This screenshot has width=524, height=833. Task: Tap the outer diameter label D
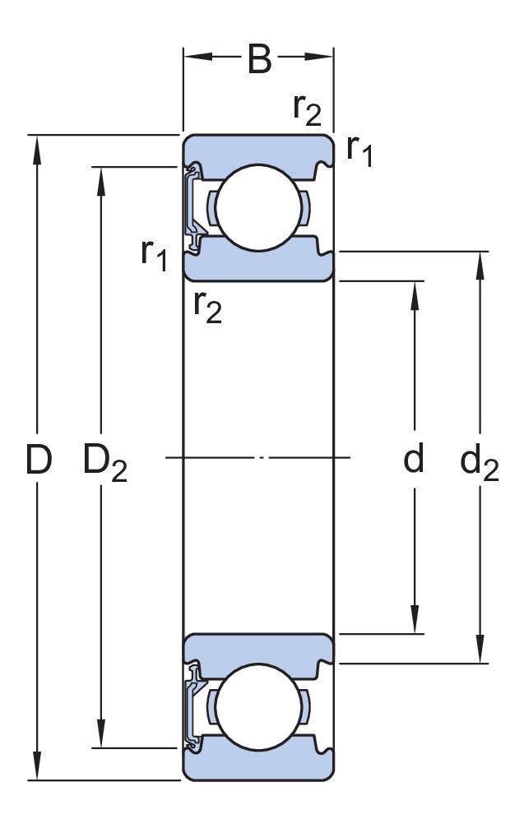(39, 460)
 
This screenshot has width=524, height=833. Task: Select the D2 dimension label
(105, 462)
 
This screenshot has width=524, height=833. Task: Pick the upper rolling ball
(259, 207)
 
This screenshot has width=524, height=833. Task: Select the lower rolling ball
(259, 706)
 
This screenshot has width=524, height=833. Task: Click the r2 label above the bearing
(307, 110)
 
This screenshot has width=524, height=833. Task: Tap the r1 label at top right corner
(359, 150)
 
